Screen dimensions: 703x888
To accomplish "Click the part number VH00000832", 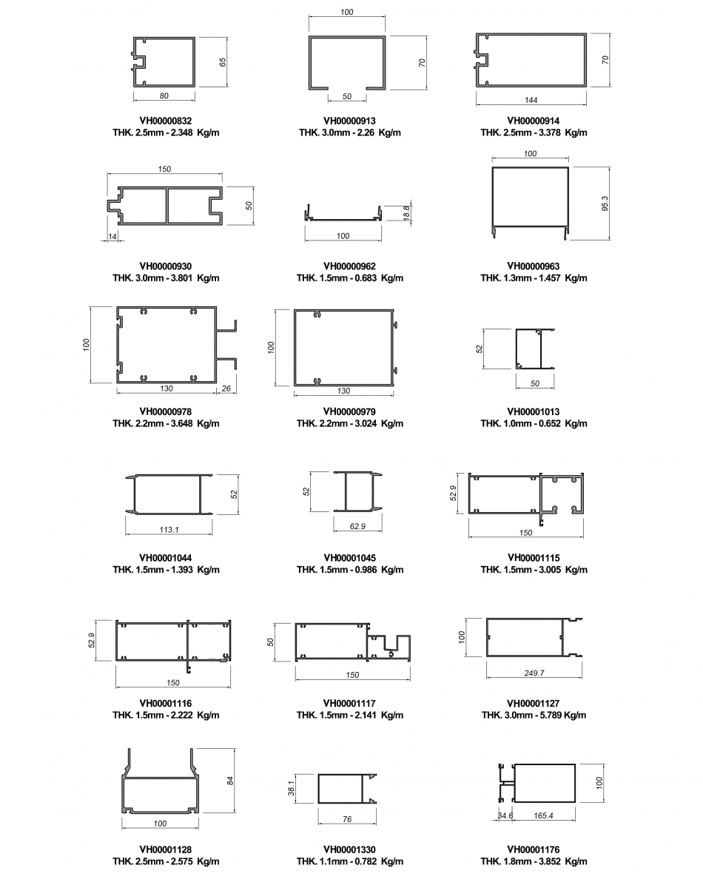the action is coord(166,121).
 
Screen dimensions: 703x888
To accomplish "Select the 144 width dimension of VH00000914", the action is coord(531,100).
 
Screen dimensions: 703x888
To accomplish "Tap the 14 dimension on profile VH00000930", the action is coord(112,237).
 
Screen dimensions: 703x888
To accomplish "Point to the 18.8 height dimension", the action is coord(406,213).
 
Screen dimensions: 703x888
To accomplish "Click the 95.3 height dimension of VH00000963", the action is coord(605,203).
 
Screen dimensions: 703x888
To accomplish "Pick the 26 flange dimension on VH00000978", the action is coord(226,388).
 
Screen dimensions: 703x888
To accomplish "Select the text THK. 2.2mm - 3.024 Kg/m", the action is coord(349,423).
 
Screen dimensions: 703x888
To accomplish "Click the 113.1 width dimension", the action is coord(169,529).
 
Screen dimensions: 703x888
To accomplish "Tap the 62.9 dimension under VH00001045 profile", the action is coord(357,526).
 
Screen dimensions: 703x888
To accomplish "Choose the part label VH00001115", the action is coord(534,558).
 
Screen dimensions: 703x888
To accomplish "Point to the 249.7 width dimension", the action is coord(534,673).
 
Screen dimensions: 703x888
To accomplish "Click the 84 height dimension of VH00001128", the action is coord(230,780).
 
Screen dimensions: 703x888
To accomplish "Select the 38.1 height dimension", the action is coord(292,788).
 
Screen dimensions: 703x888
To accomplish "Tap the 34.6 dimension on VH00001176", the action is coord(505,815).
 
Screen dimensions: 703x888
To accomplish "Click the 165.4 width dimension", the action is coord(543,815).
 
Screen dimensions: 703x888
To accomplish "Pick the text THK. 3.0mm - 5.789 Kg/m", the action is coord(534,715).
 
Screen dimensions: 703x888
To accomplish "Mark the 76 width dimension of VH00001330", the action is coord(347,819).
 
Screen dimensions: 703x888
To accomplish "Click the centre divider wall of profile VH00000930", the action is coord(166,206).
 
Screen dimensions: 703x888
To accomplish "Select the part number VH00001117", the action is coord(349,703).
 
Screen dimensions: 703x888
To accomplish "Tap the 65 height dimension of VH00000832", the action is coord(223,62).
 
